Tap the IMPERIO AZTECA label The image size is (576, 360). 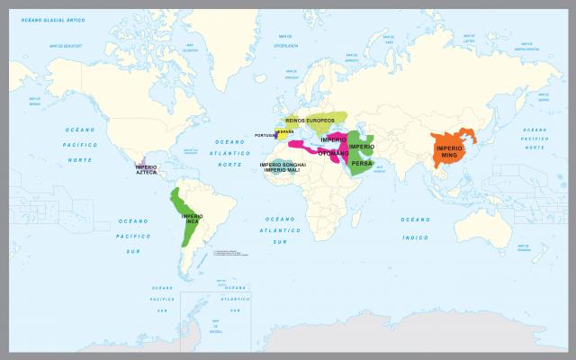(x=147, y=168)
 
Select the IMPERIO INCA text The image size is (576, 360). (x=192, y=219)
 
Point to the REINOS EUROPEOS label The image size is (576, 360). (x=310, y=120)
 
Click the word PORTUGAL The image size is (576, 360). (x=266, y=136)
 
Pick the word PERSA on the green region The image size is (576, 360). (x=362, y=163)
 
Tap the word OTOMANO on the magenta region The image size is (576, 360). (x=333, y=152)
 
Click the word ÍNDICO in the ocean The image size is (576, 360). (x=416, y=238)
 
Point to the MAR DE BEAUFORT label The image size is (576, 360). (x=67, y=45)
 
